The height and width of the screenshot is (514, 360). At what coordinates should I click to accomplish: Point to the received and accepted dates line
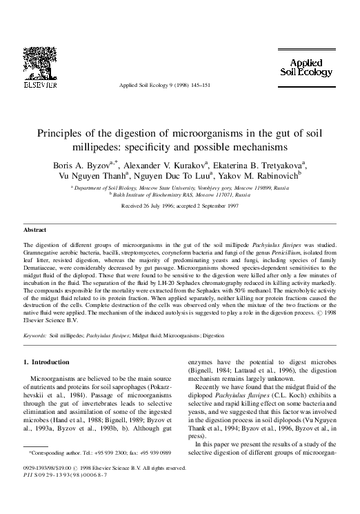[180, 206]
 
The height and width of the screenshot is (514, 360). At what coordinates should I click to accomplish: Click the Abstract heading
[34, 228]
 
